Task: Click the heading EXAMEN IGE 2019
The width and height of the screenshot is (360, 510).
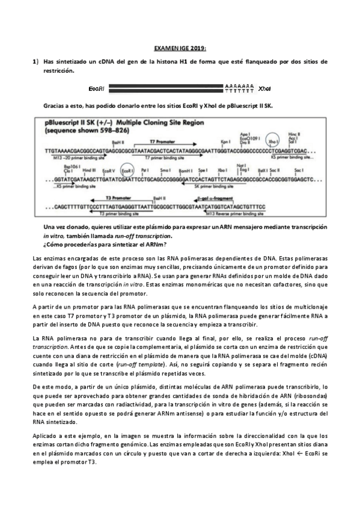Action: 180,48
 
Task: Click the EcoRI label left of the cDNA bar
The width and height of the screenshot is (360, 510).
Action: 97,88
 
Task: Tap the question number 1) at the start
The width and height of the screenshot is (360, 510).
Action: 35,62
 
